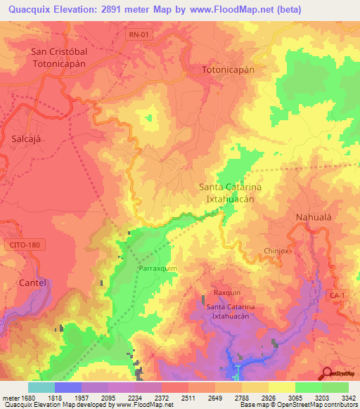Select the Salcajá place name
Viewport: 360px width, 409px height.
(x=27, y=138)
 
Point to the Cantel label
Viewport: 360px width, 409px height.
(x=34, y=283)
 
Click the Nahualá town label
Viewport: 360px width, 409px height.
(x=313, y=217)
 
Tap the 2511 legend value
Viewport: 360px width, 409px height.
(x=188, y=398)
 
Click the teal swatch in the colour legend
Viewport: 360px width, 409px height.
(x=41, y=387)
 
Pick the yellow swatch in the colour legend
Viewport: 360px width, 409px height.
(x=281, y=387)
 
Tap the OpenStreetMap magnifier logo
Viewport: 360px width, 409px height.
(x=328, y=373)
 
